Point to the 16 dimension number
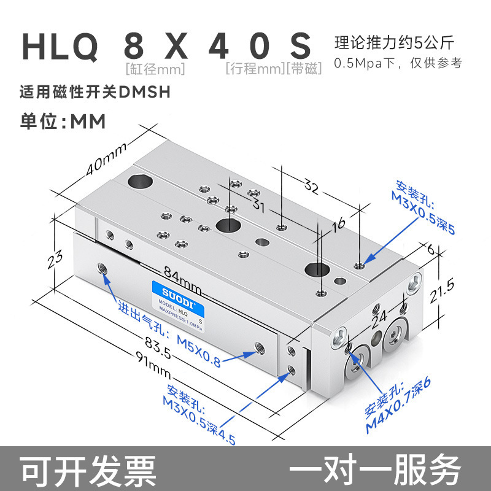(x=338, y=225)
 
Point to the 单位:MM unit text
(x=64, y=122)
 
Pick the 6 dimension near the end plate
(x=430, y=249)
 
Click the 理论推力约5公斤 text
(x=394, y=44)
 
